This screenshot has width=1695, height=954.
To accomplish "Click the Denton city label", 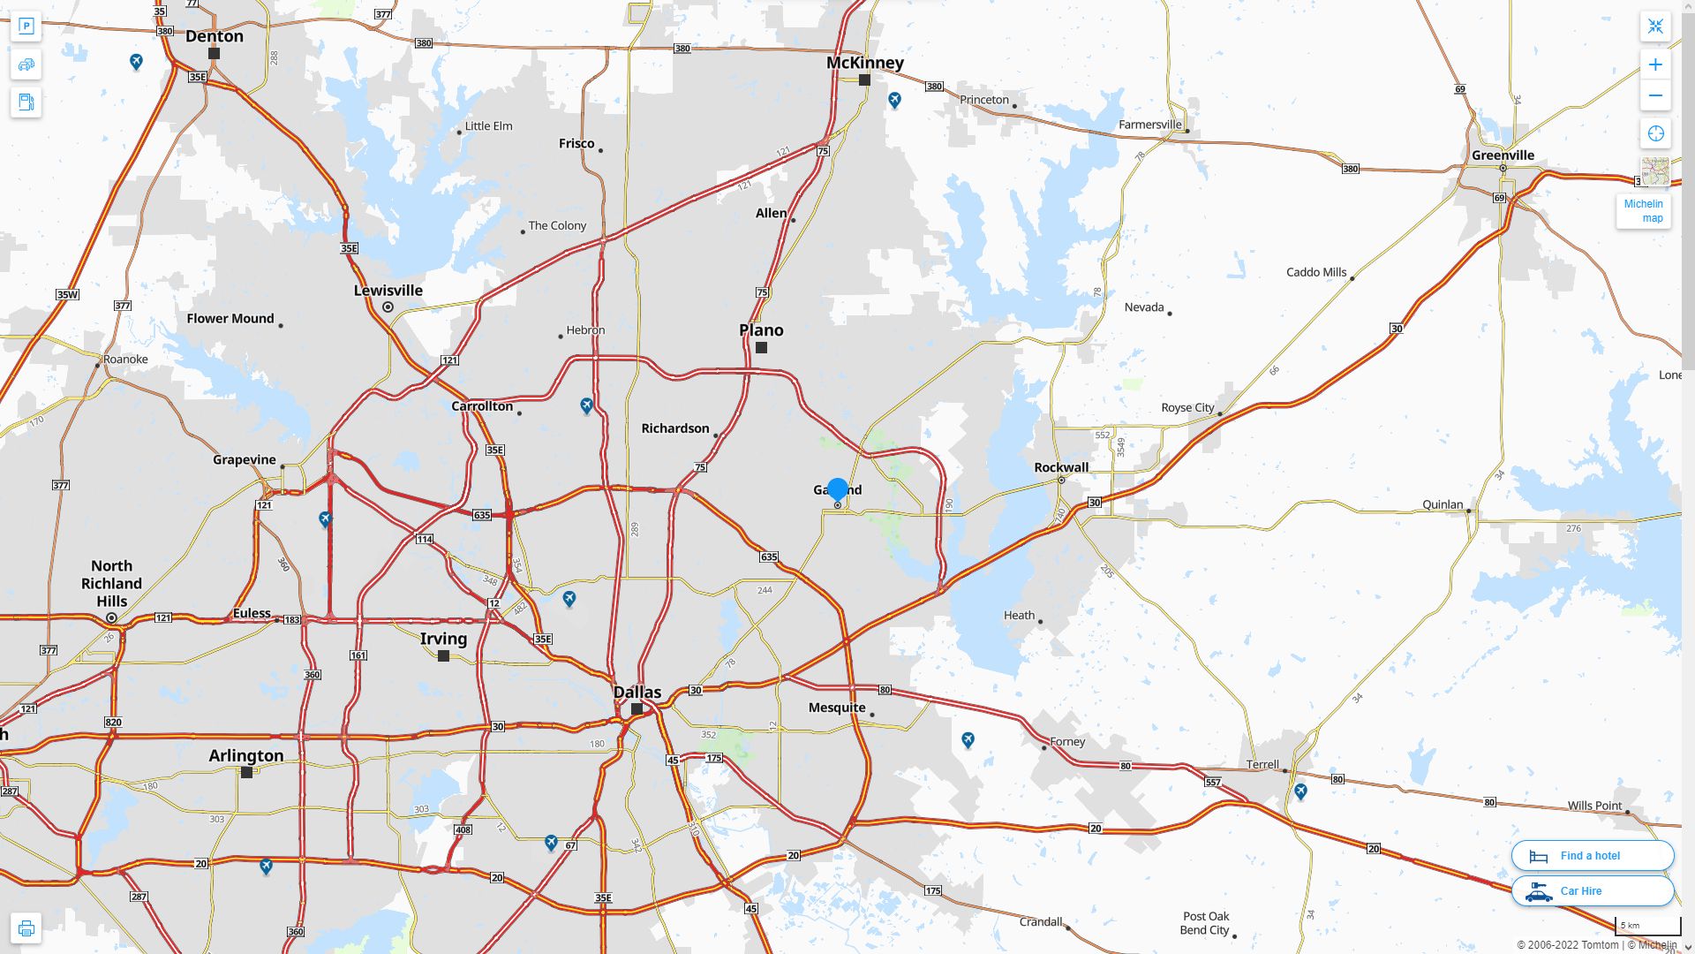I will click(x=215, y=36).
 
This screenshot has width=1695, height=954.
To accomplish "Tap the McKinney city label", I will click(x=865, y=63).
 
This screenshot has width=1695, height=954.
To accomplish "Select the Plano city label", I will click(x=761, y=330).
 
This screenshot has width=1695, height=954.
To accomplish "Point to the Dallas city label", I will click(x=637, y=693).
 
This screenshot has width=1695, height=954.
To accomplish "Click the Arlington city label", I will click(x=246, y=756).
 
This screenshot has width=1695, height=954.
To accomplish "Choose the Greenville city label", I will click(x=1503, y=155).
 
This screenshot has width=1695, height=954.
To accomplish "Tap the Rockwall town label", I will click(x=1061, y=467).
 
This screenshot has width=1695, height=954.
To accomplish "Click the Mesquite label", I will click(x=837, y=708).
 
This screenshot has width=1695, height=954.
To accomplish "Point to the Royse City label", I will click(x=1187, y=408).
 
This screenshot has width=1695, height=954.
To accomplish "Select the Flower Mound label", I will click(x=230, y=319).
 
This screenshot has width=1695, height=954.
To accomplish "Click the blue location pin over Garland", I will click(x=838, y=488).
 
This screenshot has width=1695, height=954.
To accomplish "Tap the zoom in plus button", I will click(x=1655, y=64).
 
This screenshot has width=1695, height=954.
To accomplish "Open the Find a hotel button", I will click(x=1592, y=855).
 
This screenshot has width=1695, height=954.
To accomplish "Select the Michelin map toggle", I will click(x=1644, y=210).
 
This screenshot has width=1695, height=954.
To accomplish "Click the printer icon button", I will click(x=26, y=928).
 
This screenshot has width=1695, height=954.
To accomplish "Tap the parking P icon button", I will click(x=26, y=26).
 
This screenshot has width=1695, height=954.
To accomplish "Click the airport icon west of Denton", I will click(x=136, y=61).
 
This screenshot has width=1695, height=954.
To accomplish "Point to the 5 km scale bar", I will click(x=1647, y=926).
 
